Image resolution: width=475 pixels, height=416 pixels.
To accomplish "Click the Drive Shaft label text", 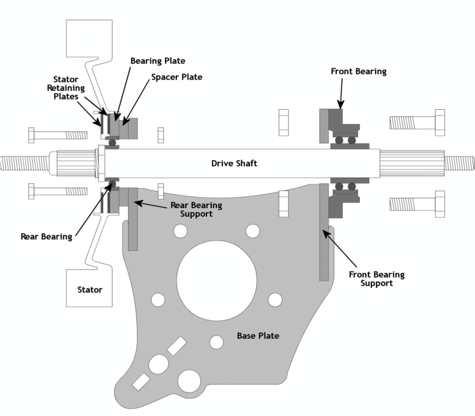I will [x=234, y=164].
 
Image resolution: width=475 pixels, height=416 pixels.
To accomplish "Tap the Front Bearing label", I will [x=359, y=71].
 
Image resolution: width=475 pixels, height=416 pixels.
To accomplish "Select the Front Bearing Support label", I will [x=377, y=279].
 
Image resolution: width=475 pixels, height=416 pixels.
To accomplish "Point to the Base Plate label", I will [x=258, y=336].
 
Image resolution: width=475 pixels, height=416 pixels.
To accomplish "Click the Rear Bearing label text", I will [x=46, y=236].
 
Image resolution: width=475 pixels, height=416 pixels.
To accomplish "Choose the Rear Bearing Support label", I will [x=196, y=210].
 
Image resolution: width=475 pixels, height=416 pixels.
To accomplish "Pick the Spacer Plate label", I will [x=177, y=77].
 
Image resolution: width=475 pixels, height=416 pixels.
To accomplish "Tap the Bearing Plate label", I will [x=158, y=61].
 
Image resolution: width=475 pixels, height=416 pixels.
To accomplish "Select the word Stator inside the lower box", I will [x=90, y=289].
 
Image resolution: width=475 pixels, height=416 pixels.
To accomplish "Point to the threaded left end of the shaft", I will [x=24, y=163].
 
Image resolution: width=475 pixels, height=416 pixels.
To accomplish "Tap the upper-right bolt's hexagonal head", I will [x=440, y=123].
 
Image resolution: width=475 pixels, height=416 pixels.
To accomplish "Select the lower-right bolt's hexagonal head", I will [x=440, y=204].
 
